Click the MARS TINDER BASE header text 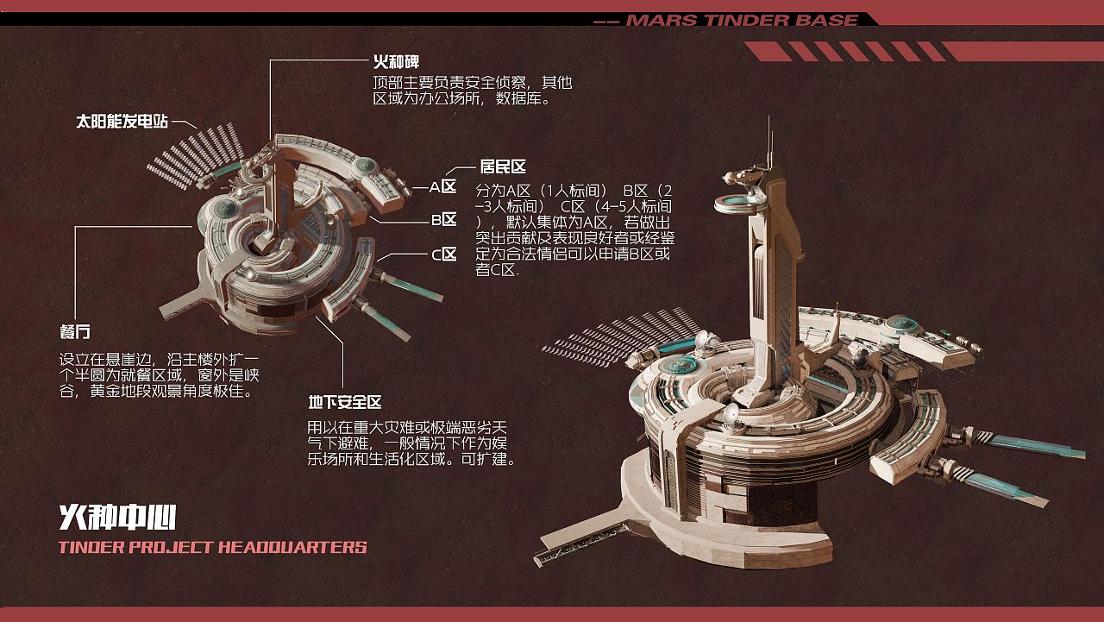[x=741, y=20]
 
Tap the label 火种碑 [x=396, y=63]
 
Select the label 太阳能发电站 [x=122, y=122]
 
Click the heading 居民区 [x=503, y=166]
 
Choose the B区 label [x=443, y=220]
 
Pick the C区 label [x=443, y=254]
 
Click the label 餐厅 [x=74, y=332]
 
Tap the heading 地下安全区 [x=345, y=403]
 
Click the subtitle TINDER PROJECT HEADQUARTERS [x=212, y=547]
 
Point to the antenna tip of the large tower [x=770, y=121]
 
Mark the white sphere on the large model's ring [x=731, y=417]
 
